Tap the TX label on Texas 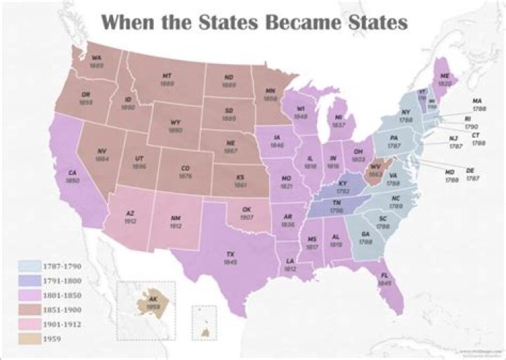pyautogui.click(x=230, y=254)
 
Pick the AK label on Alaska pyautogui.click(x=154, y=299)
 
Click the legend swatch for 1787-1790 pyautogui.click(x=28, y=266)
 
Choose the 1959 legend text pyautogui.click(x=53, y=339)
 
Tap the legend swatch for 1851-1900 pyautogui.click(x=28, y=309)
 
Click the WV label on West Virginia pyautogui.click(x=376, y=166)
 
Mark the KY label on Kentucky pyautogui.click(x=342, y=183)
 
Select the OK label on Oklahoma pyautogui.click(x=246, y=210)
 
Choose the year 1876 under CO pyautogui.click(x=186, y=176)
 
